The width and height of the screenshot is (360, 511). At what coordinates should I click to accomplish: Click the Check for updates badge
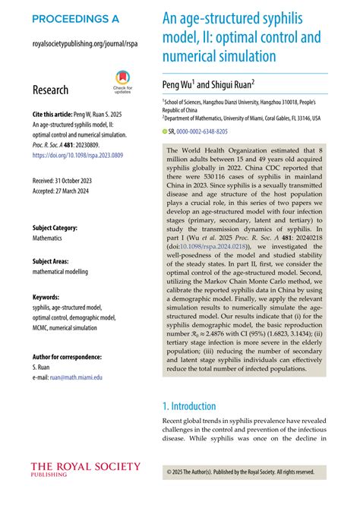pyautogui.click(x=122, y=81)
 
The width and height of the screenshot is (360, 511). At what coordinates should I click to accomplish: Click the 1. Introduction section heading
pyautogui.click(x=200, y=406)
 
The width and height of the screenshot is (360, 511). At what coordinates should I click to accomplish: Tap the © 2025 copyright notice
pyautogui.click(x=240, y=472)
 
